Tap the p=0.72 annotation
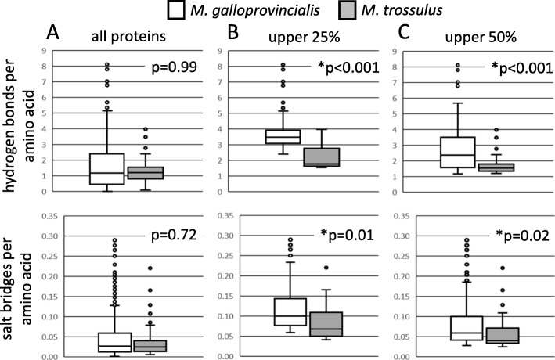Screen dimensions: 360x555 [x=175, y=232]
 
